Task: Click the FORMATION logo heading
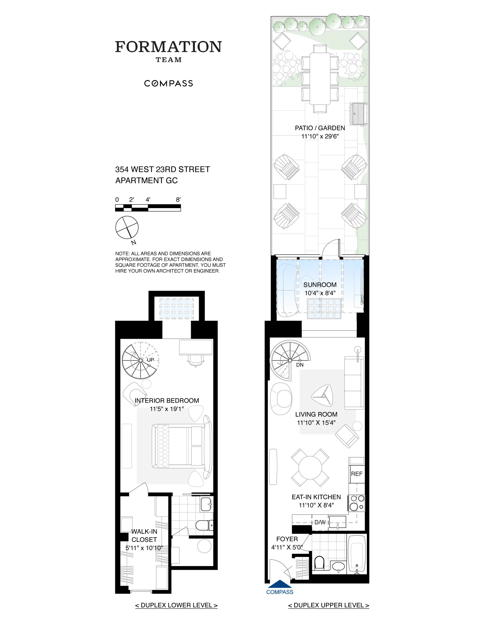[168, 47]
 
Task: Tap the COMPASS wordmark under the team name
[168, 84]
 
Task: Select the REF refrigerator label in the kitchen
[357, 474]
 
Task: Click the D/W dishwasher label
[320, 522]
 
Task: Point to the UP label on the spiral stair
[151, 360]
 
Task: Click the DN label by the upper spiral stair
[300, 365]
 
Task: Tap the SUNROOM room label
[320, 285]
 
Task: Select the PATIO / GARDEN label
[320, 128]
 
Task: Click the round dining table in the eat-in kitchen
[310, 468]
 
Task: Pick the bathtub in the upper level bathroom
[357, 554]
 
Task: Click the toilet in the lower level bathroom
[204, 525]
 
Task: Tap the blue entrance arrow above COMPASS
[280, 584]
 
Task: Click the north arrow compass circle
[127, 227]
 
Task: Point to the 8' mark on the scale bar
[178, 200]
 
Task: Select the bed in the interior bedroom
[178, 446]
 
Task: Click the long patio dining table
[320, 79]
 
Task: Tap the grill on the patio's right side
[358, 114]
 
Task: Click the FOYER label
[287, 539]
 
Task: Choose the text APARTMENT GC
[146, 181]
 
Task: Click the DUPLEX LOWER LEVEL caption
[176, 605]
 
